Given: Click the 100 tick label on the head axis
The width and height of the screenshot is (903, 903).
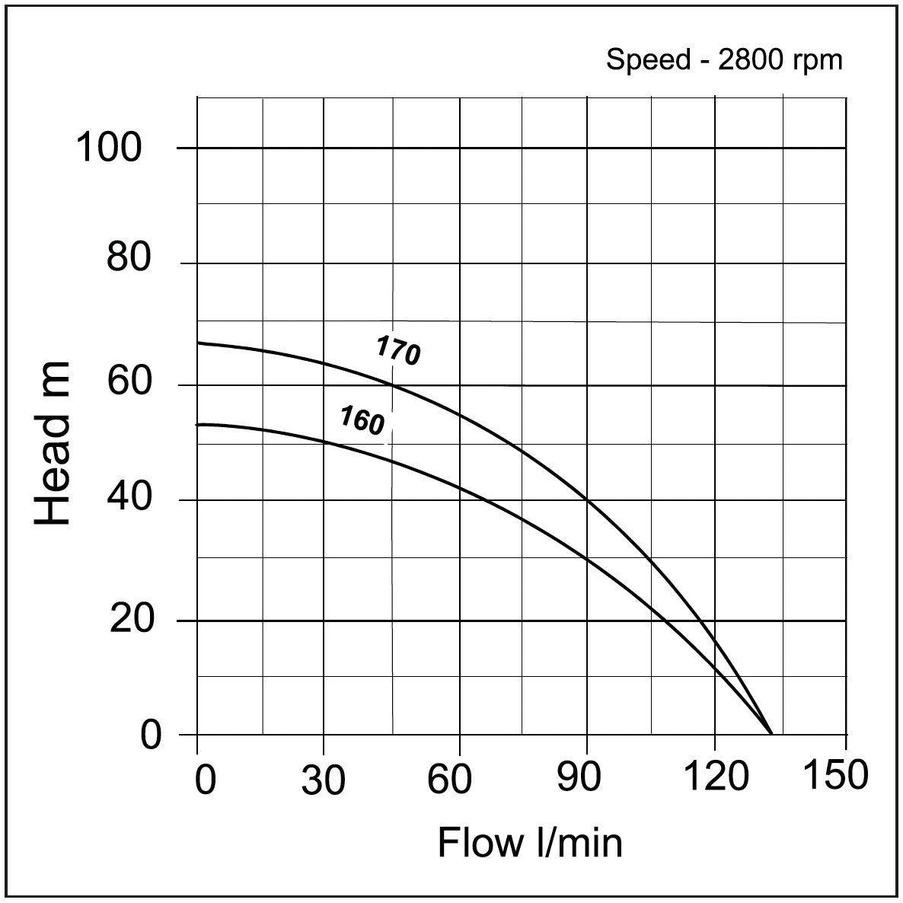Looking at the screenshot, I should point(109,148).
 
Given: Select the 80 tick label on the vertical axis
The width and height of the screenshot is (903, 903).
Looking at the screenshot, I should point(129,259).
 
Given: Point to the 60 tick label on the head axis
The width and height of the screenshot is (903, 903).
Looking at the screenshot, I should point(129,381).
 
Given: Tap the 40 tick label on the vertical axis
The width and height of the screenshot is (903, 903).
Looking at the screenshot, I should point(129,499).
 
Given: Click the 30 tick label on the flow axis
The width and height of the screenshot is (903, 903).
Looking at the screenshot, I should point(324,780).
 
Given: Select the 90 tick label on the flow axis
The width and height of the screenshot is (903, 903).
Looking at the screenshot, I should point(579,778).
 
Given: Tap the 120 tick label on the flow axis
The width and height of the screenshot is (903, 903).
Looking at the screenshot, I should point(714,778).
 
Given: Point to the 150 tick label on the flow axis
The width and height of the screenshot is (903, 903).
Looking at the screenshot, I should point(834,775).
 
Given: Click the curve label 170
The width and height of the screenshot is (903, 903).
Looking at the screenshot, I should point(397,351).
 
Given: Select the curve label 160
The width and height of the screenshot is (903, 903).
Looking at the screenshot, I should point(362,421).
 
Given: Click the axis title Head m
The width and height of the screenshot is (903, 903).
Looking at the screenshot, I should point(53,444).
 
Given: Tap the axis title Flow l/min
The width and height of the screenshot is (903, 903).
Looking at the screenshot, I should point(530,843).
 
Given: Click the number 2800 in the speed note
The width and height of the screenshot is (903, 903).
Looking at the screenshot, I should point(749,59).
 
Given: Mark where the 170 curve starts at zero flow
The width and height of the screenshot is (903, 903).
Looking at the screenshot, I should point(198,343).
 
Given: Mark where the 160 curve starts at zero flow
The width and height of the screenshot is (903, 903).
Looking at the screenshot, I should point(198,425).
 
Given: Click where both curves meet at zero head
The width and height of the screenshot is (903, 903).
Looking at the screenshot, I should point(771,734).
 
